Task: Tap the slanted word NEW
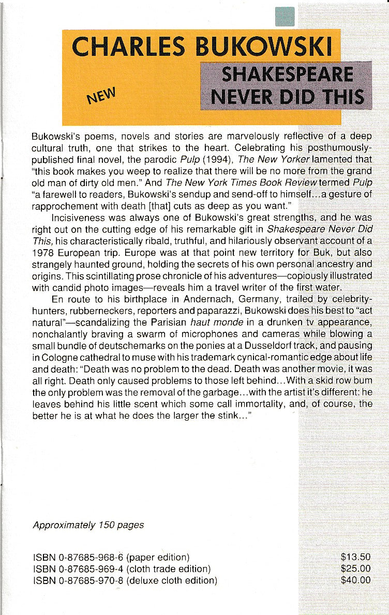pos(103,95)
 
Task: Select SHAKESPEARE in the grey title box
pos(287,75)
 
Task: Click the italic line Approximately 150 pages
pos(88,525)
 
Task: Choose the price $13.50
pos(356,557)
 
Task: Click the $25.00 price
pos(356,568)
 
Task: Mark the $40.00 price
pos(356,580)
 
